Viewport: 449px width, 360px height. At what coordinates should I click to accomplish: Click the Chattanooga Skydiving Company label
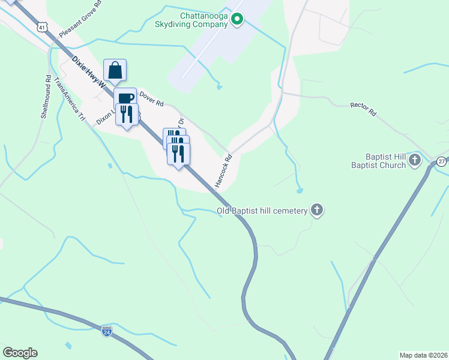tap(203, 20)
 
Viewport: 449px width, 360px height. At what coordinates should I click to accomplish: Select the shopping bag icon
tap(115, 70)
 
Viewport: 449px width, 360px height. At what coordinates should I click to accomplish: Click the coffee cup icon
tap(125, 98)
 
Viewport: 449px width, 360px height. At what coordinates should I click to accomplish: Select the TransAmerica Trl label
tap(67, 98)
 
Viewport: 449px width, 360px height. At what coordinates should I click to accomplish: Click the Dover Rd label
tap(151, 98)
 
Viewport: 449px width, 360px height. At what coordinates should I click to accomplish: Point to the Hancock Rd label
tap(223, 171)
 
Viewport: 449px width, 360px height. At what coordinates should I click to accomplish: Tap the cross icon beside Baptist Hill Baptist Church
tap(417, 161)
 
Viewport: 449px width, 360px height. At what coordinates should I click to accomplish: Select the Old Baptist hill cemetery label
tap(261, 211)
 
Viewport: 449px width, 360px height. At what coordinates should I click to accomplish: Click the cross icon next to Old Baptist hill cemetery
tap(317, 211)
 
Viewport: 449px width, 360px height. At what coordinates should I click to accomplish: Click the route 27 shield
tap(442, 161)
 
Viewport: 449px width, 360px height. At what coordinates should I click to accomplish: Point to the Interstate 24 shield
tap(106, 331)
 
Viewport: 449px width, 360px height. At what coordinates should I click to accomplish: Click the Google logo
tap(20, 353)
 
